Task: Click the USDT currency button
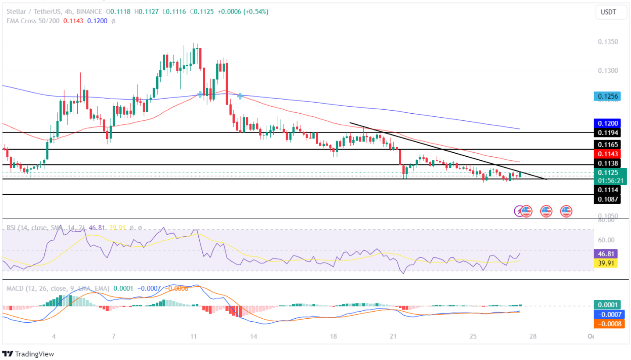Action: (608, 12)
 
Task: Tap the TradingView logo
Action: (30, 353)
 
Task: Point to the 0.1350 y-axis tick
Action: (608, 42)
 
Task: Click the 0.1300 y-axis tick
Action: (608, 71)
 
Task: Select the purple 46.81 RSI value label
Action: (605, 254)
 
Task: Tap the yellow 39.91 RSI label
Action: (605, 263)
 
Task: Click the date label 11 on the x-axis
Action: (194, 336)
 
